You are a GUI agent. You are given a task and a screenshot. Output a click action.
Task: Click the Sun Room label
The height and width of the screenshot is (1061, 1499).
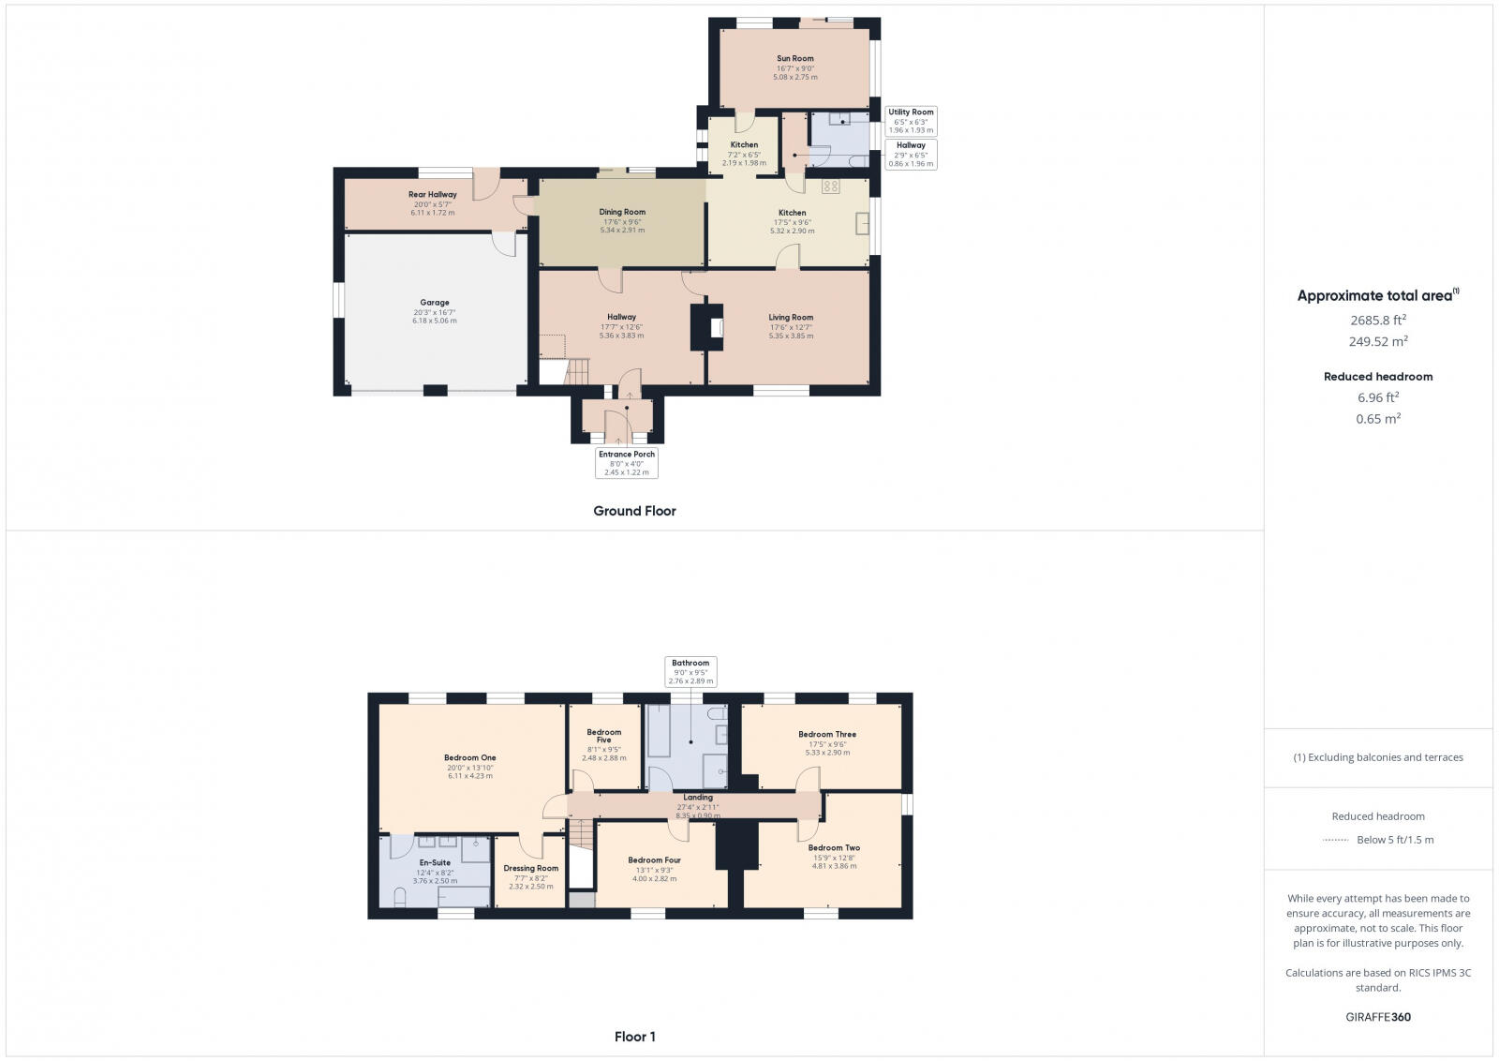[794, 58]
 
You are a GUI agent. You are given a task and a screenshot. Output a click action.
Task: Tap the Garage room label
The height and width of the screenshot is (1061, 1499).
[434, 303]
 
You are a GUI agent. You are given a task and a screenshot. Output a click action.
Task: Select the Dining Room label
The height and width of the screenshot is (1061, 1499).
[622, 213]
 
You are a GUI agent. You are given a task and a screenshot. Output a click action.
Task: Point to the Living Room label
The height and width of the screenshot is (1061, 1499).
[791, 318]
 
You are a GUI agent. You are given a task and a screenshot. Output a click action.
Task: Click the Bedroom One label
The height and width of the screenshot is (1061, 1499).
[469, 758]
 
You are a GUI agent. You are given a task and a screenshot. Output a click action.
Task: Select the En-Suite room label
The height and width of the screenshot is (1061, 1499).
[435, 862]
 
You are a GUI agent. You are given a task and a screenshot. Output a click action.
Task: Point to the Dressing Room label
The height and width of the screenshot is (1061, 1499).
[530, 869]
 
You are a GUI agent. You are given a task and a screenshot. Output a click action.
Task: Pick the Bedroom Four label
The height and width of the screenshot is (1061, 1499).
[654, 860]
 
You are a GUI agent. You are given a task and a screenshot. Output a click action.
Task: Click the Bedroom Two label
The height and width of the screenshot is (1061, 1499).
[834, 848]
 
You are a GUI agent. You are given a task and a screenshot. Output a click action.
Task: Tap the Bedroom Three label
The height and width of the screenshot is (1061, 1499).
[827, 735]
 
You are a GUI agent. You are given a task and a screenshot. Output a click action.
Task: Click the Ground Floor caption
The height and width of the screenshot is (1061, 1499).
[634, 511]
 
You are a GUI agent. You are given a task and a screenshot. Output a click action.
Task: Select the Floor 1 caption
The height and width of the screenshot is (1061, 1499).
[634, 1037]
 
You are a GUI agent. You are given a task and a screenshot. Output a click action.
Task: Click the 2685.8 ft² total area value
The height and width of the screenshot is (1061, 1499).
[1378, 320]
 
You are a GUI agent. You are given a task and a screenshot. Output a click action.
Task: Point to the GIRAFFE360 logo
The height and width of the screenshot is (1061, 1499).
[1378, 1017]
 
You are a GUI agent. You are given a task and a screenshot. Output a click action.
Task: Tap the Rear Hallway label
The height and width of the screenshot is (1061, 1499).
[432, 195]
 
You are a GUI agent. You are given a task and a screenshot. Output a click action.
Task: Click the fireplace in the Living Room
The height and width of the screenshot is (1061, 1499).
[717, 327]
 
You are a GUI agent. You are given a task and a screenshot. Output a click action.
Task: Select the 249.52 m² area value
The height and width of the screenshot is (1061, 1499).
[1378, 342]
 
